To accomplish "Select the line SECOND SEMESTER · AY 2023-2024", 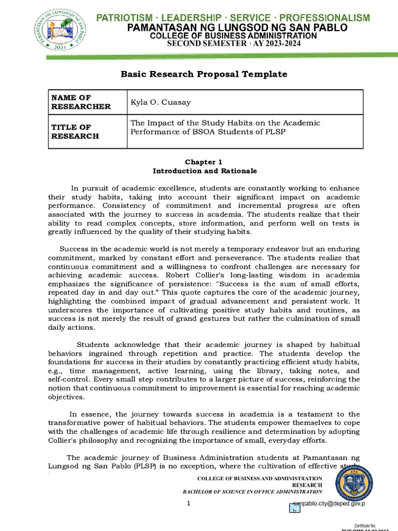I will [233, 44].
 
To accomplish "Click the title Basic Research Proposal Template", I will [204, 74].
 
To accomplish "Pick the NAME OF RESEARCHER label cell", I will [81, 102].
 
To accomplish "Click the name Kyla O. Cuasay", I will [160, 102].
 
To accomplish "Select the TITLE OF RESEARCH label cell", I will [75, 132].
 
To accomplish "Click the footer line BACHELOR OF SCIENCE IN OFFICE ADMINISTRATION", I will [252, 491].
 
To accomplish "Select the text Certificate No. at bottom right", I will [368, 525].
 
